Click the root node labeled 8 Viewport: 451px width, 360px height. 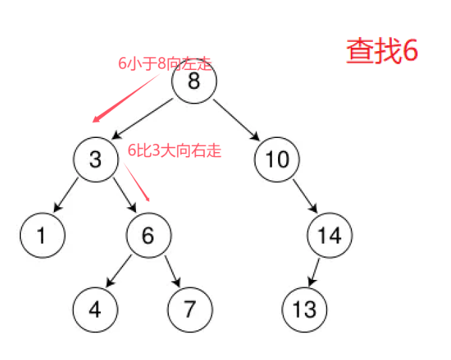click(194, 82)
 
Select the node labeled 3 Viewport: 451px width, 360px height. click(96, 159)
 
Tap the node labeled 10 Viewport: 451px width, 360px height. click(277, 159)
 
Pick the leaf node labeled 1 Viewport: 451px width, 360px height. click(42, 236)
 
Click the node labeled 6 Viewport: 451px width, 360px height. click(149, 236)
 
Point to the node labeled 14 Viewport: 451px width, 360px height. click(329, 236)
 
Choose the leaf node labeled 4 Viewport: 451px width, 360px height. click(95, 310)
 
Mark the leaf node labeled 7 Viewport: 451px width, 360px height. click(189, 310)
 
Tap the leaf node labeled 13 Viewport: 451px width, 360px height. click(304, 310)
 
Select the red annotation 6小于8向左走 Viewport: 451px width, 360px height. click(165, 65)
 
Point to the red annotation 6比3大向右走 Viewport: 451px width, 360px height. click(174, 151)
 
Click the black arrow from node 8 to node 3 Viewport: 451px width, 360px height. click(145, 120)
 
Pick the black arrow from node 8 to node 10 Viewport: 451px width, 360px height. click(237, 120)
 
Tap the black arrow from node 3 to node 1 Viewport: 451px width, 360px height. click(69, 197)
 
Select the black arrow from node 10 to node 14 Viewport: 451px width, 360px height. click(304, 197)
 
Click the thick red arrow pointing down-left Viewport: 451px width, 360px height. click(128, 98)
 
